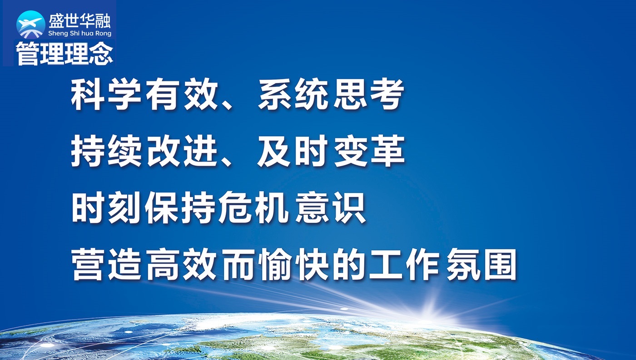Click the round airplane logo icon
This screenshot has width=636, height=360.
point(31,25)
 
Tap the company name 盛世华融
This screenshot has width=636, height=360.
point(79,21)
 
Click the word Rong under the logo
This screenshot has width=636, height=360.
point(103,34)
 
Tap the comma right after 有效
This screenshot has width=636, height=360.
point(227,104)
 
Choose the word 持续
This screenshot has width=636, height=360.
point(106,151)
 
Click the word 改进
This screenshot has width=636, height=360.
point(182,151)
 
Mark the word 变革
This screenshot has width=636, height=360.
point(369,151)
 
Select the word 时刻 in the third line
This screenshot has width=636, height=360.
point(106,207)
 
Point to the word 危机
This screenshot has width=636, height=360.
point(252,207)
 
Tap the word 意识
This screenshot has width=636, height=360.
point(331,207)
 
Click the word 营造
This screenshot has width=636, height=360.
point(106,264)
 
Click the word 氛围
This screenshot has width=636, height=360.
point(481,264)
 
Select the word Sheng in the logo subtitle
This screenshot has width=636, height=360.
point(58,34)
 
